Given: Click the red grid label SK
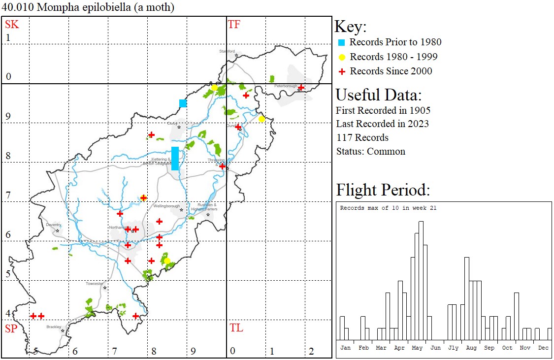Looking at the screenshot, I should [x=12, y=24].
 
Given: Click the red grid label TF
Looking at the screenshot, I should [x=234, y=24].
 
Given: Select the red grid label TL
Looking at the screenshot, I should [x=236, y=328].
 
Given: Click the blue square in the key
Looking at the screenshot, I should [x=341, y=42].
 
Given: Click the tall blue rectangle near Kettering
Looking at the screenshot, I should [x=175, y=158].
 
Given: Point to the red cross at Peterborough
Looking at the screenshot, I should [x=301, y=88].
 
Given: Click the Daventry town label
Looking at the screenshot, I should [x=53, y=225].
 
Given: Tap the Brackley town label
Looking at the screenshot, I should [x=54, y=327].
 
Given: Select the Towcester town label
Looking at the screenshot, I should [x=95, y=284].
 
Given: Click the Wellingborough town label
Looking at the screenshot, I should [x=166, y=206].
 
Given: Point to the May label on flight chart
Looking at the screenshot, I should [x=417, y=348].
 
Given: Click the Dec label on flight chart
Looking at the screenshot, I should [x=543, y=348].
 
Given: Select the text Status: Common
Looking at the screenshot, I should [x=371, y=151].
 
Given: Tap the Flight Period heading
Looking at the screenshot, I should [x=383, y=190].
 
